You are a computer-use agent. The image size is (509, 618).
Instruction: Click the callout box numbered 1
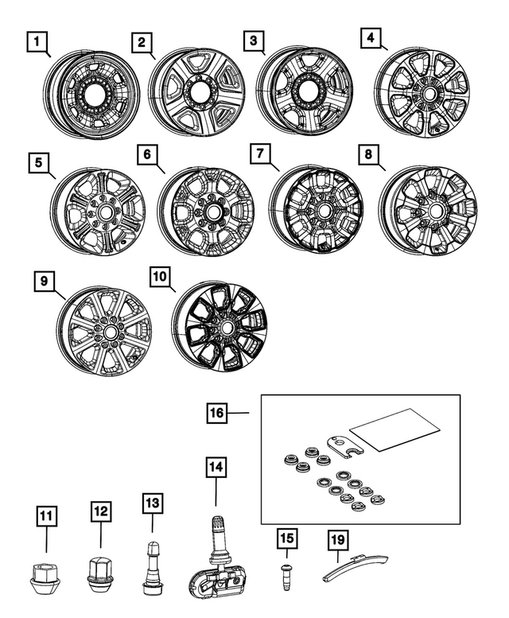click(36, 39)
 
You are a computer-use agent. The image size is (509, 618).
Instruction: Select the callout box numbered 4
click(371, 37)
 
